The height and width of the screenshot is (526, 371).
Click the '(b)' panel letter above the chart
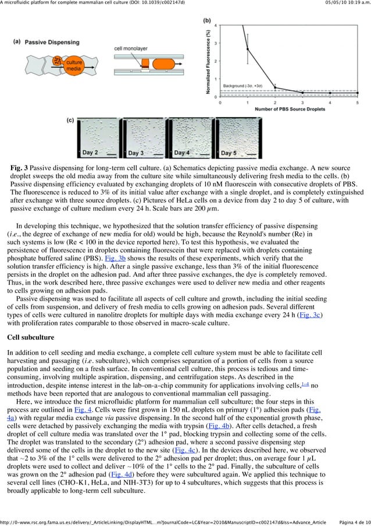[x=207, y=20]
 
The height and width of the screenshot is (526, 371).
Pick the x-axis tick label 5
[x=357, y=103]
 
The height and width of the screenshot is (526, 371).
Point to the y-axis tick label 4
[x=217, y=25]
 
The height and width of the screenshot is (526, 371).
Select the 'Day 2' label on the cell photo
[x=89, y=153]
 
